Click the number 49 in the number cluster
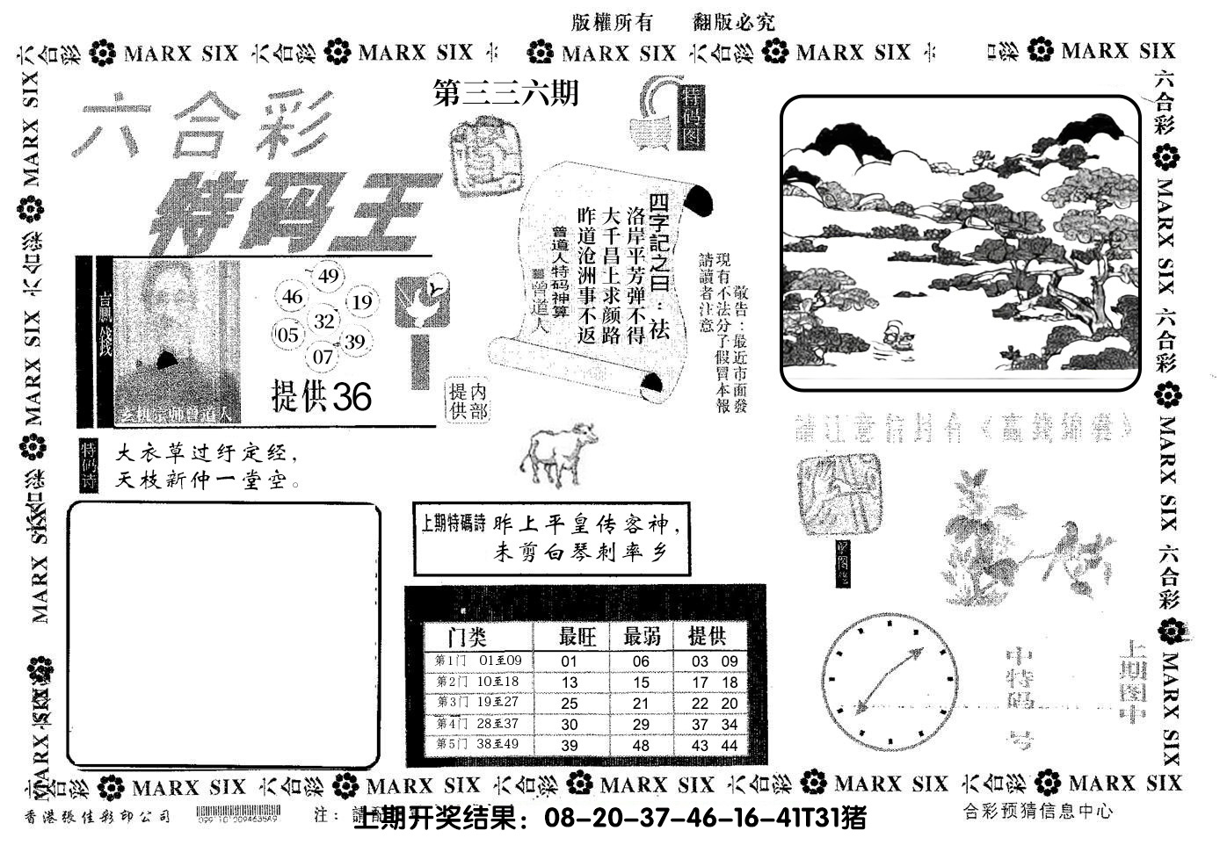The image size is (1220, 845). [x=329, y=277]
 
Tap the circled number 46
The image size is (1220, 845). [x=292, y=297]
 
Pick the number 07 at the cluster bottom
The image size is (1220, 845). [x=323, y=357]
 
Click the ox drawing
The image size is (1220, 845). [x=557, y=452]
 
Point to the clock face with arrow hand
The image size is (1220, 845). [x=890, y=681]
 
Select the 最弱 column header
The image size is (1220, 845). [x=642, y=636]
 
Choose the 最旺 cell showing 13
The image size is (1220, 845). [x=569, y=682]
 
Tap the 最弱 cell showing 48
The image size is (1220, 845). [x=641, y=745]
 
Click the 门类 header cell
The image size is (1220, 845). [x=468, y=636]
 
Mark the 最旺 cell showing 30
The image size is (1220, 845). [x=569, y=724]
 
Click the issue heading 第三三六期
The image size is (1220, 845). [x=506, y=93]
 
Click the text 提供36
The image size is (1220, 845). [x=321, y=398]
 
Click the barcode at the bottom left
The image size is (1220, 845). [x=237, y=813]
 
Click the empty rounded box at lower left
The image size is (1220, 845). [x=224, y=634]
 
